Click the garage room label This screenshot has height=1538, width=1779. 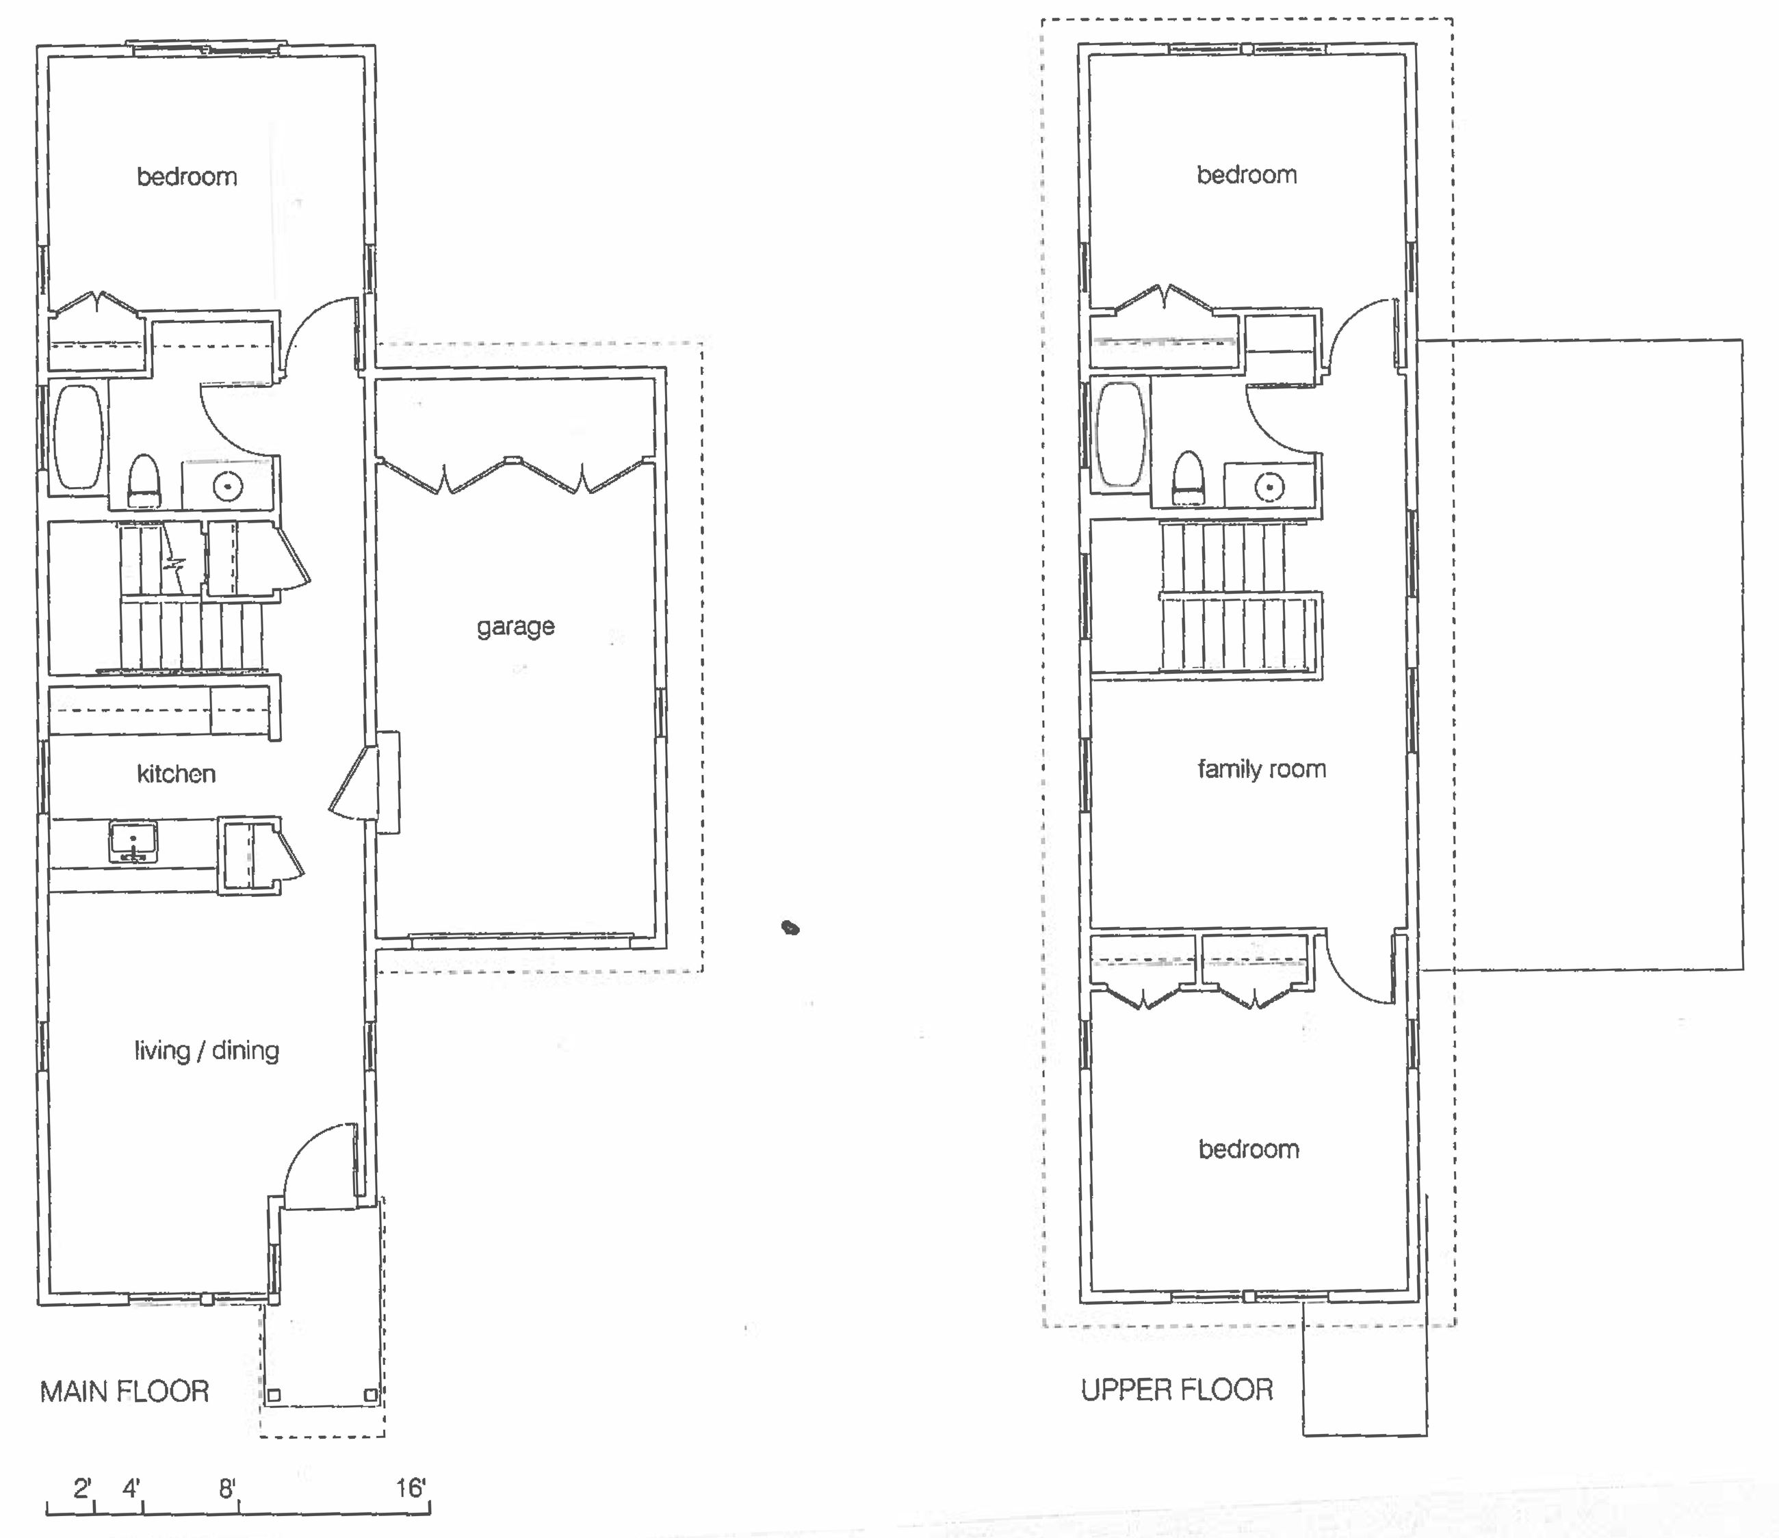click(x=515, y=626)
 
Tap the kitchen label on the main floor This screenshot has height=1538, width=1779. click(x=176, y=774)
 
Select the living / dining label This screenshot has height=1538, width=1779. click(x=207, y=1050)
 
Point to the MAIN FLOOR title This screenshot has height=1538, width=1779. click(x=125, y=1391)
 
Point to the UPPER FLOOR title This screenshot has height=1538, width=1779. click(x=1177, y=1390)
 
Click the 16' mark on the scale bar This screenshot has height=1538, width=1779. click(x=411, y=1488)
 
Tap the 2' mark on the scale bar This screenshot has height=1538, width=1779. click(x=82, y=1488)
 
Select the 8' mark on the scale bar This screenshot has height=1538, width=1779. click(x=226, y=1488)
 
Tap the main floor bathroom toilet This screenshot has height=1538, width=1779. click(x=144, y=481)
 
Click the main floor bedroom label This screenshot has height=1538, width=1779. click(x=187, y=177)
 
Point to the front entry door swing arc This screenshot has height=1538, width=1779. click(x=313, y=1155)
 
